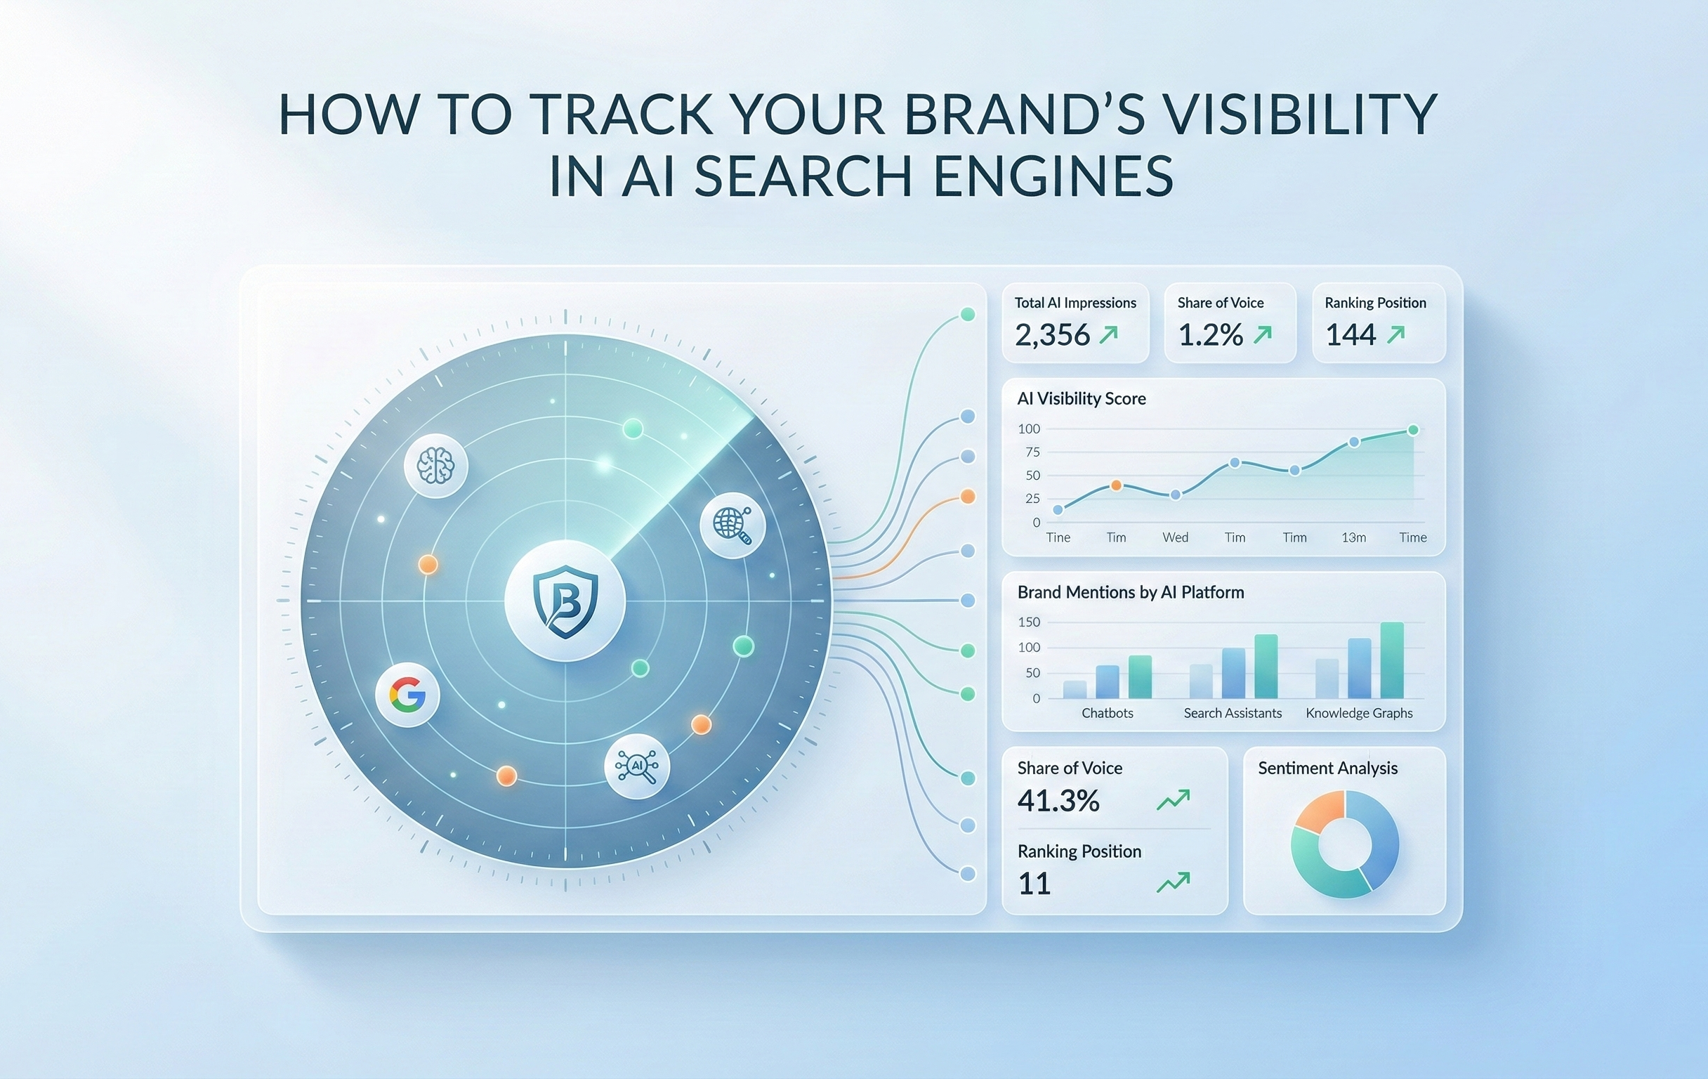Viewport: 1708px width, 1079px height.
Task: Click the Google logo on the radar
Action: pos(407,695)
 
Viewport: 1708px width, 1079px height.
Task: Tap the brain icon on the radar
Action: pos(435,466)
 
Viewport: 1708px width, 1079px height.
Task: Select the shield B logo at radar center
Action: pos(565,600)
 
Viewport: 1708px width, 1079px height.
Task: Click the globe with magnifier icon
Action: pos(732,525)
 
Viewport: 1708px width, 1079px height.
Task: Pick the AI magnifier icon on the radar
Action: pos(637,766)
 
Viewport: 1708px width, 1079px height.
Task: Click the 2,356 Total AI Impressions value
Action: pos(1052,335)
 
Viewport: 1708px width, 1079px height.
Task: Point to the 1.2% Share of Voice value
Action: pos(1210,335)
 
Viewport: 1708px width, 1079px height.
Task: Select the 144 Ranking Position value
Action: pos(1351,335)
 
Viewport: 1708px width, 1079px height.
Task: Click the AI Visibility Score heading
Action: pos(1081,399)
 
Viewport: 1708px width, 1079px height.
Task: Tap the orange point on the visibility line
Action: pos(1117,485)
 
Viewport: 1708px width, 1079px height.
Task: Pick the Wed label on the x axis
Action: pos(1176,537)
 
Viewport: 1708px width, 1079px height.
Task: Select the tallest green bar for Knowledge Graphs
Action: pos(1392,660)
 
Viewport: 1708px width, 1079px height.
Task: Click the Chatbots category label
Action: pos(1108,713)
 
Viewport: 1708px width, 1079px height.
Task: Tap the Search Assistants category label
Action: pos(1233,713)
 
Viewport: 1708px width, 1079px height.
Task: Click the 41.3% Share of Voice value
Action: pos(1058,801)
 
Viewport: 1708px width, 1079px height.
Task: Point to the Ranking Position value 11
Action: pos(1034,884)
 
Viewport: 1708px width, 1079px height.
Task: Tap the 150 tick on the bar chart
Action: pos(1028,622)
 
